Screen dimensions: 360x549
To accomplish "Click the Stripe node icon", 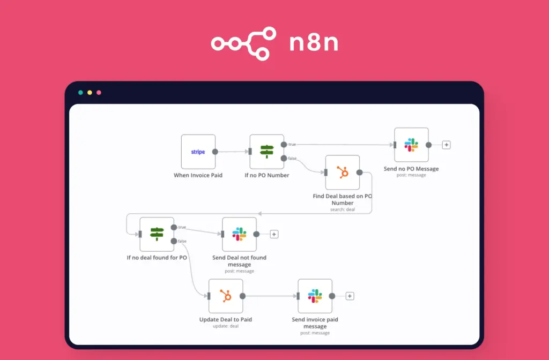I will (198, 152).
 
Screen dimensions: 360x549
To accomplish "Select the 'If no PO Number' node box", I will (266, 152).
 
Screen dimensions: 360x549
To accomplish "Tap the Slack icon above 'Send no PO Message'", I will (411, 145).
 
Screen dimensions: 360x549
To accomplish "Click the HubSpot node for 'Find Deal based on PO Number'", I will (342, 172).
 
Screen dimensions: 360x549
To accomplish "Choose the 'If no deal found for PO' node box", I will (157, 234).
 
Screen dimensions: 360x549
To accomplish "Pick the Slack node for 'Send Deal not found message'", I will (239, 234).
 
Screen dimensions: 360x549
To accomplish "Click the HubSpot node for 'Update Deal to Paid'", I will (225, 296).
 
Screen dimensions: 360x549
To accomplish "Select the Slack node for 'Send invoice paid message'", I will (315, 296).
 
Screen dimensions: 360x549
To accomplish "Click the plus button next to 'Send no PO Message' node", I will (446, 145).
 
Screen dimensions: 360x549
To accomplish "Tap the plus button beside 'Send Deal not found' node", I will (274, 234).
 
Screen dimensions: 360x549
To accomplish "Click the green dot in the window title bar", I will (80, 92).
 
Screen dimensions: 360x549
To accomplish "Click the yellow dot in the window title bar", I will (90, 92).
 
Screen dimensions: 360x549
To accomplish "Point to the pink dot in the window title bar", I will (99, 92).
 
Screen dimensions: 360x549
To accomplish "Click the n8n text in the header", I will (314, 43).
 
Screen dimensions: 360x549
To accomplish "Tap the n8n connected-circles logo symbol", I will (243, 43).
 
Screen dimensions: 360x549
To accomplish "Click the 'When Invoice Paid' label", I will (198, 175).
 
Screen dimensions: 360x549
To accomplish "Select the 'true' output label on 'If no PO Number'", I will (292, 145).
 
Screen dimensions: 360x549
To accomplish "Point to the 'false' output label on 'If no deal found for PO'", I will (182, 241).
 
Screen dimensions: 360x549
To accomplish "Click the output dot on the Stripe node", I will (215, 152).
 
